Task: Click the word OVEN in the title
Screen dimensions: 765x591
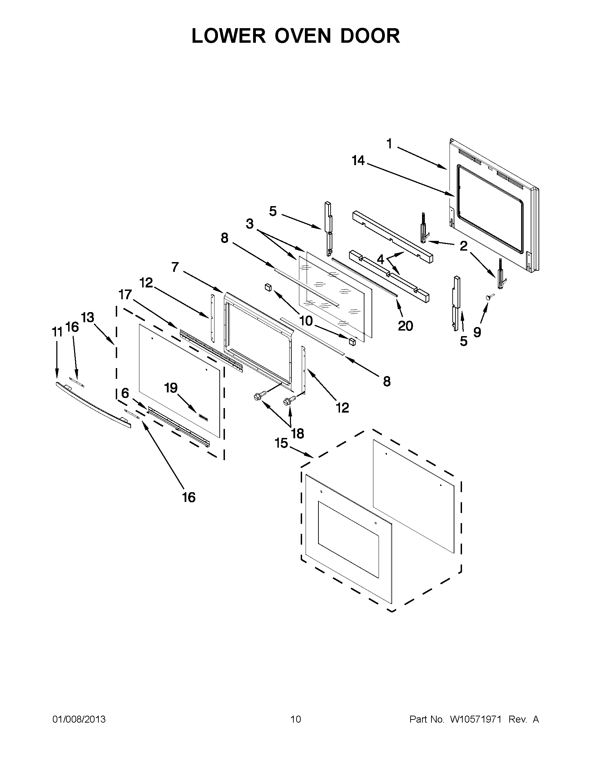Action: [302, 36]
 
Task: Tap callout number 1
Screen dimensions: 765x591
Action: [389, 144]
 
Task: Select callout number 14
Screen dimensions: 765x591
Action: [358, 161]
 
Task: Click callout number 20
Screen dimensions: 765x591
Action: [405, 326]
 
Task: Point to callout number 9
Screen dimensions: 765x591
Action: [477, 332]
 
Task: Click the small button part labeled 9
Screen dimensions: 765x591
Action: [489, 297]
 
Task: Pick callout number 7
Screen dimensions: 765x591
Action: [175, 267]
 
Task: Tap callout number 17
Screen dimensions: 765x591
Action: [125, 295]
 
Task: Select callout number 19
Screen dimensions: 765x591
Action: [171, 388]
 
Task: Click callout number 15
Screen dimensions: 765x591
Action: [281, 443]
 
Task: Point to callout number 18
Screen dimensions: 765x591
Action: [298, 434]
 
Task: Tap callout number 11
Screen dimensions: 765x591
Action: [57, 332]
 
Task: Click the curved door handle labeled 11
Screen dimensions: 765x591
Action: [93, 405]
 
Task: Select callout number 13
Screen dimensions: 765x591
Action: [88, 317]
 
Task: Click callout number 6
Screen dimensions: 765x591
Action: [125, 393]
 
